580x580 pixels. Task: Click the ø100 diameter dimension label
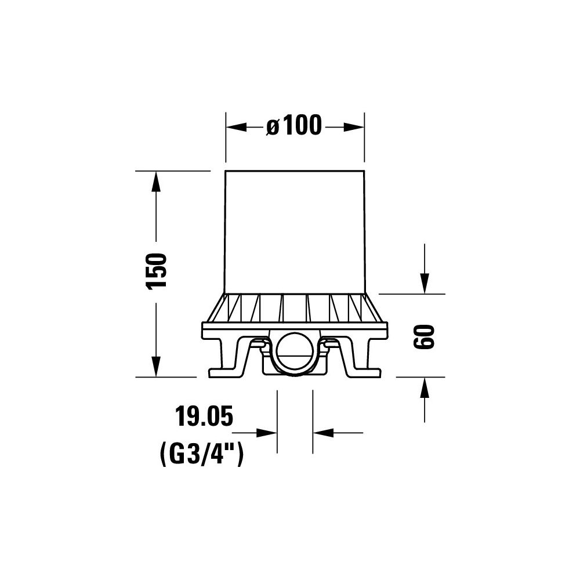294,125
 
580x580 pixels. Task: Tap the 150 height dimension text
157,271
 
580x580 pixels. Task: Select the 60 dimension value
424,336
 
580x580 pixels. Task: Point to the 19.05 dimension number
204,416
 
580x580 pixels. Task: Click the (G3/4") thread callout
202,455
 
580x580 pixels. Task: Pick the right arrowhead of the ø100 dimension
354,127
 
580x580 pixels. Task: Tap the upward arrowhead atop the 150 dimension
156,181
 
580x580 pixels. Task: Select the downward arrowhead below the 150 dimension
156,367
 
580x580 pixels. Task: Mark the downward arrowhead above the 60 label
425,284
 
